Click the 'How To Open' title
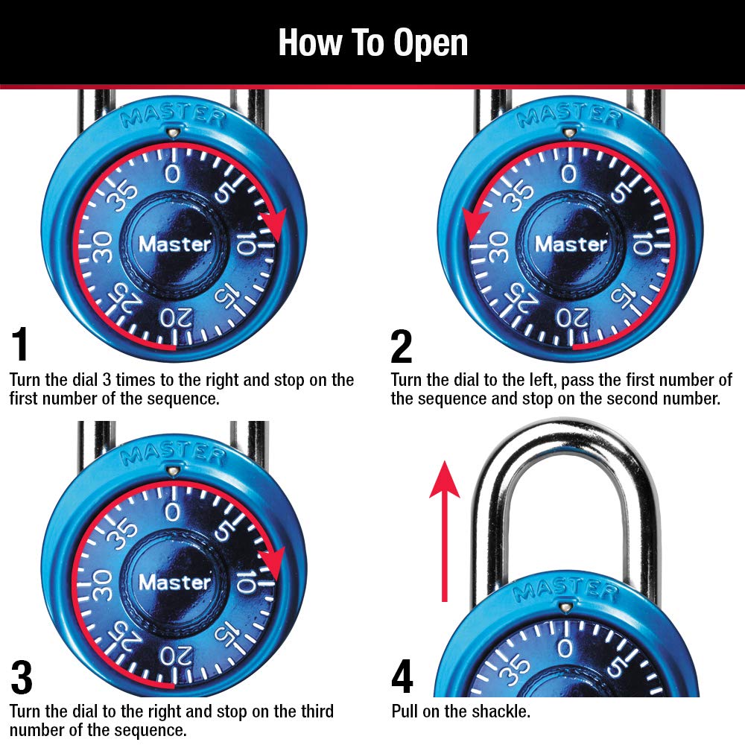point(372,42)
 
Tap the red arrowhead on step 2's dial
point(475,223)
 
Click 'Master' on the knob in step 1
point(174,244)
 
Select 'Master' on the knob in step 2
point(571,244)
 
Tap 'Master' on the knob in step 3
point(174,582)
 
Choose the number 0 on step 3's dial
point(173,513)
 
